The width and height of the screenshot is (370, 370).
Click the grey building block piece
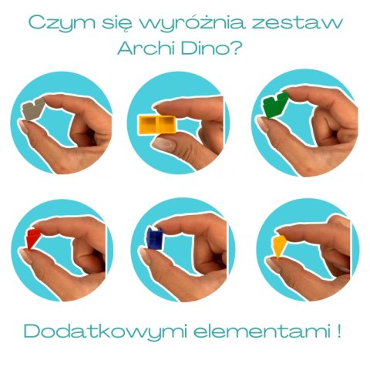33,109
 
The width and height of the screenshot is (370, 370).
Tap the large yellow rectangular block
157,125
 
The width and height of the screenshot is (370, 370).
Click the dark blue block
155,238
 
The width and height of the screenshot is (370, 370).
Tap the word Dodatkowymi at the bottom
105,332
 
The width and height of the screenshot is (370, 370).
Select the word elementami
261,331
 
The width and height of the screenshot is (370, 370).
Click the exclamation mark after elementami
338,331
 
